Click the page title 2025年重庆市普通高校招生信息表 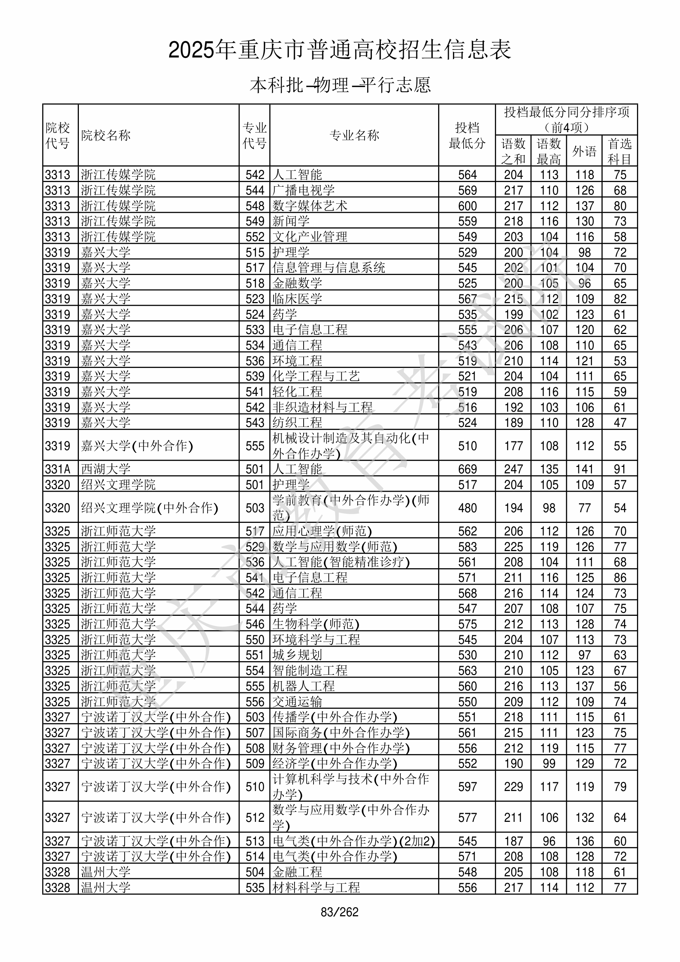pos(339,50)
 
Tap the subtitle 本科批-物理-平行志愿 pos(339,85)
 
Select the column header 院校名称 pos(106,135)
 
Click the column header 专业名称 pos(354,135)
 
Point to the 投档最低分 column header pos(467,135)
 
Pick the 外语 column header pos(584,151)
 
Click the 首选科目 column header pos(620,151)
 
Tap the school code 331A pos(58,469)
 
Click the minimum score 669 pos(467,469)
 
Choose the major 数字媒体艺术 pos(310,206)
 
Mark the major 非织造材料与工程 pos(322,407)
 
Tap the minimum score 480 pos(467,508)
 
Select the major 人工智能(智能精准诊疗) pos(341,562)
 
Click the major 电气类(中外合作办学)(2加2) pos(354,841)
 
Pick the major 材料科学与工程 pos(316,887)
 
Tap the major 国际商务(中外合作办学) pos(341,732)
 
